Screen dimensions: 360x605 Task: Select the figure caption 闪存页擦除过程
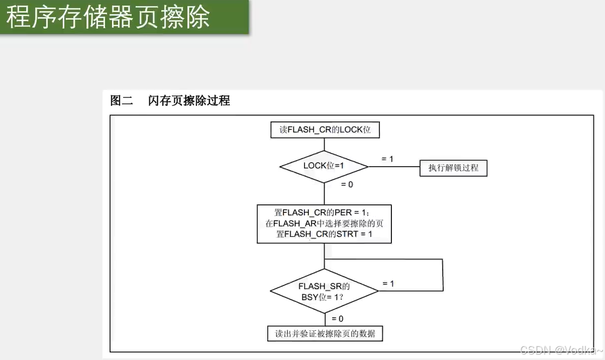[x=189, y=100]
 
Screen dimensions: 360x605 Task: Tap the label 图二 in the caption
[x=121, y=100]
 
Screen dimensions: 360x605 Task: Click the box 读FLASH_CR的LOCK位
[x=325, y=130]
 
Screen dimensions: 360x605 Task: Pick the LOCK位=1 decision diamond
[x=324, y=166]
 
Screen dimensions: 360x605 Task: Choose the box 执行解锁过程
[x=453, y=168]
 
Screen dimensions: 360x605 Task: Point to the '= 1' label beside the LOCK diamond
[x=387, y=159]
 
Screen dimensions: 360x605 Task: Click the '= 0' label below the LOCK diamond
[x=347, y=184]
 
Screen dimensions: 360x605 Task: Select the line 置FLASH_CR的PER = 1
[x=325, y=212]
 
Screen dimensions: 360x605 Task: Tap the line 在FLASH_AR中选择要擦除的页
[x=325, y=223]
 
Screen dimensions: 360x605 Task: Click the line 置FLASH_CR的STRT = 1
[x=325, y=234]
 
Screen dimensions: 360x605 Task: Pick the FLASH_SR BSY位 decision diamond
[x=324, y=291]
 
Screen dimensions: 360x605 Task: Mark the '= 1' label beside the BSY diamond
[x=388, y=284]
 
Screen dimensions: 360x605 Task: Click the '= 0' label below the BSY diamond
[x=337, y=319]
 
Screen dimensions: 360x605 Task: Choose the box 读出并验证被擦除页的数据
[x=325, y=333]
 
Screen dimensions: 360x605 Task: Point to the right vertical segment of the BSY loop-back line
[x=443, y=275]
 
